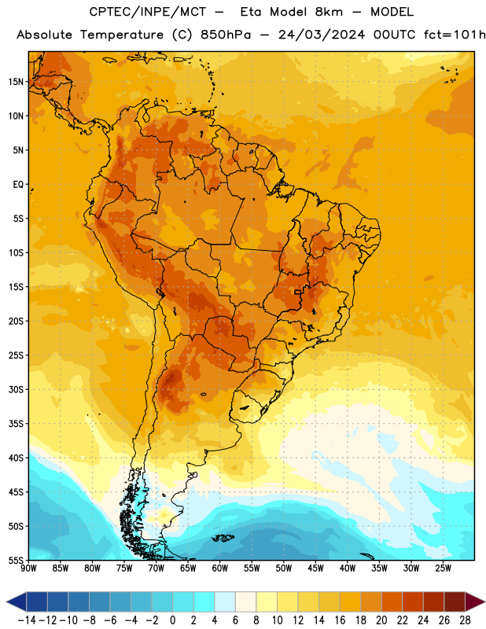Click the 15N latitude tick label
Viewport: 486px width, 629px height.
click(16, 82)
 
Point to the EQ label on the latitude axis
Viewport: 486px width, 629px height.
click(18, 185)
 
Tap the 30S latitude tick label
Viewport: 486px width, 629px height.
click(16, 389)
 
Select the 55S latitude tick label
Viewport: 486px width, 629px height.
click(16, 561)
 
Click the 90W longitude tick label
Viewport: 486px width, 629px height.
click(28, 568)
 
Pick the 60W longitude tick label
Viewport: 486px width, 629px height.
click(220, 568)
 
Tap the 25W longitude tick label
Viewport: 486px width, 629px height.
click(443, 568)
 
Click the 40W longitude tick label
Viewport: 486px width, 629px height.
click(348, 568)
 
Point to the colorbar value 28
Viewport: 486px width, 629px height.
click(465, 620)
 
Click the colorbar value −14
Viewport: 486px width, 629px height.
click(27, 620)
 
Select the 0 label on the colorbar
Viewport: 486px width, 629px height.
click(172, 620)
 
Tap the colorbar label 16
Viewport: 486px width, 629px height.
click(340, 620)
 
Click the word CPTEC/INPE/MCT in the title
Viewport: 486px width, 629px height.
click(148, 12)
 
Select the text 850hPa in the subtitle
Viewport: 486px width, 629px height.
click(226, 35)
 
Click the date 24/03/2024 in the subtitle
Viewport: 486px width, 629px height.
click(322, 35)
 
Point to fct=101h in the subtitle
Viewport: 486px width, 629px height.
click(455, 35)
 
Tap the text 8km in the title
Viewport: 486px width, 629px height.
click(329, 12)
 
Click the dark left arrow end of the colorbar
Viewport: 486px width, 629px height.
click(17, 601)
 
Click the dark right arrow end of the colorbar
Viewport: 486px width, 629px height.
click(475, 601)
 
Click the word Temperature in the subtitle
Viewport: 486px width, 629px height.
click(122, 35)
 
